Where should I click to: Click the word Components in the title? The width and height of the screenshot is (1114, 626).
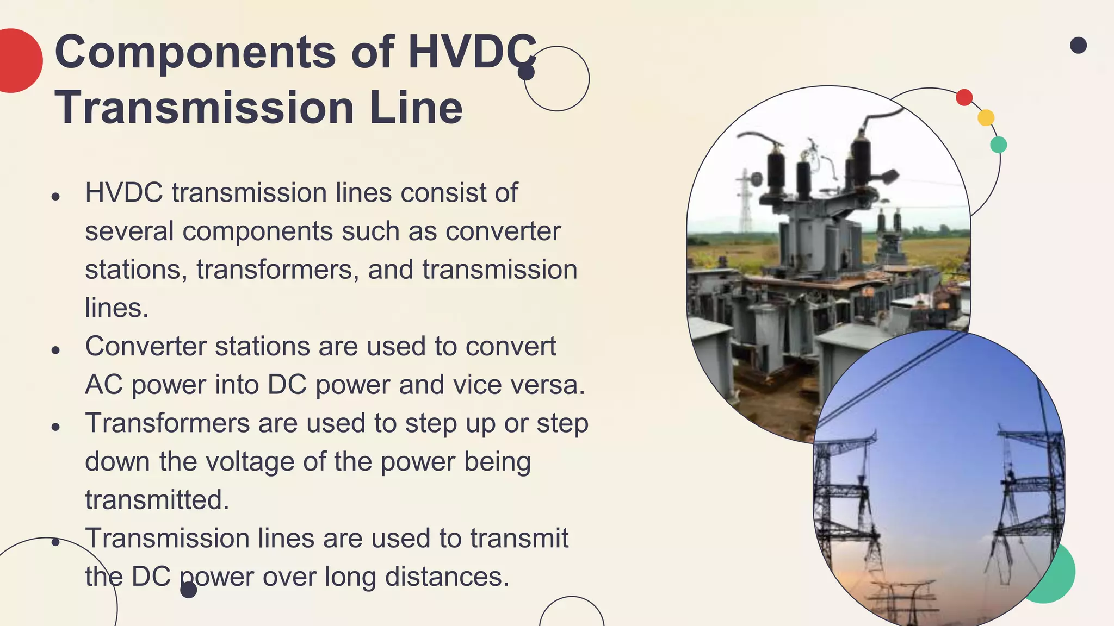point(195,53)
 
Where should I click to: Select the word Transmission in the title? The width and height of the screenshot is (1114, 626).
point(205,107)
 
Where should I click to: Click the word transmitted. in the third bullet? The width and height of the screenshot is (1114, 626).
point(157,500)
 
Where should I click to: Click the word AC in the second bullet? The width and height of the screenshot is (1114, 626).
point(103,385)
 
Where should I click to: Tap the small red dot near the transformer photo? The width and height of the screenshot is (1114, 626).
point(964,97)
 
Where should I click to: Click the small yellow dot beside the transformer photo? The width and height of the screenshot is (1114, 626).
point(986,117)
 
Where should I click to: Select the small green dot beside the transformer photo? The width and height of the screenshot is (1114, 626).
point(998,145)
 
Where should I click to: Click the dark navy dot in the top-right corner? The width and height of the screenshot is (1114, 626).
point(1078,45)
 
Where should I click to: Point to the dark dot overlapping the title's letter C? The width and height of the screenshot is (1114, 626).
point(526,72)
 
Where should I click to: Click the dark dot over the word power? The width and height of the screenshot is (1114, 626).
point(188,590)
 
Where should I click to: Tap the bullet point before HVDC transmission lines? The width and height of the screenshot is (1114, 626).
point(55,196)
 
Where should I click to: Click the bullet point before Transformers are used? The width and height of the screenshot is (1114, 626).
point(55,427)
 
